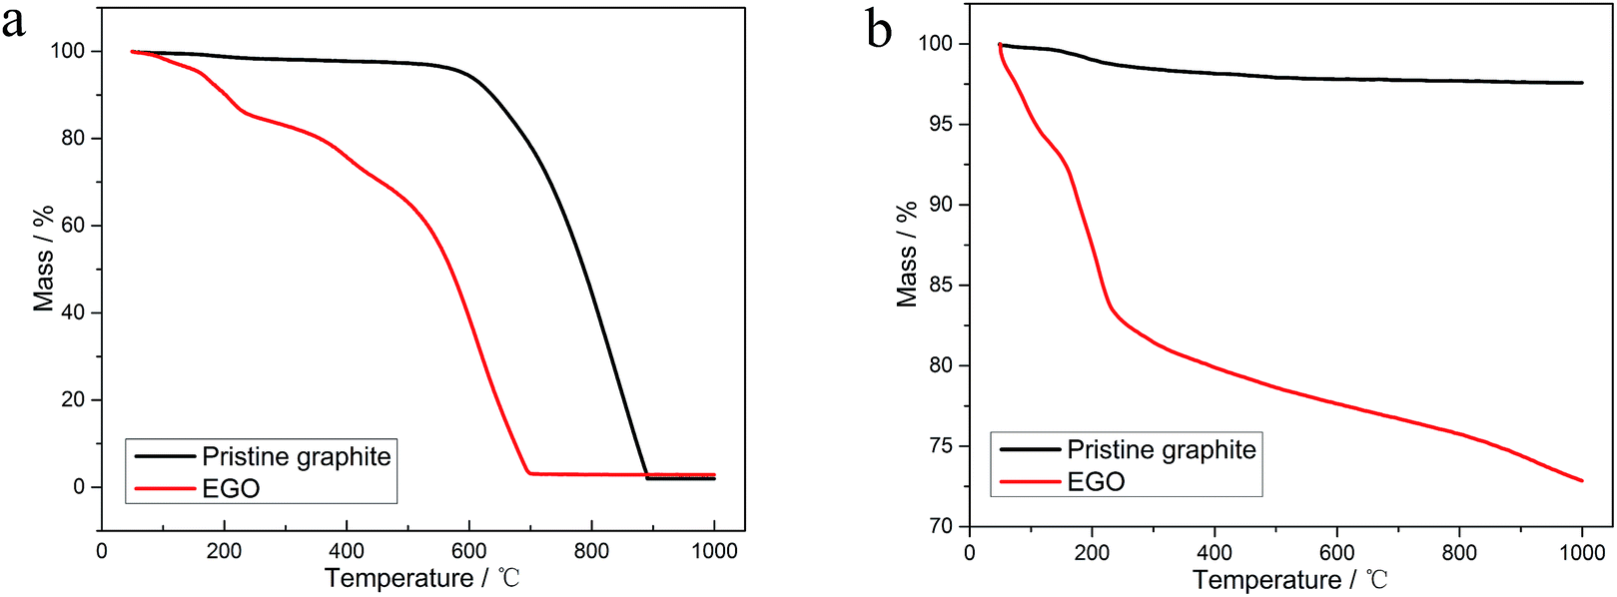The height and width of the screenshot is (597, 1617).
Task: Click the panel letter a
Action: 13,22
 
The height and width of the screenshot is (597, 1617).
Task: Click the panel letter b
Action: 879,30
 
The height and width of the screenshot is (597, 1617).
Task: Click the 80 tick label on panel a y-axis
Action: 73,138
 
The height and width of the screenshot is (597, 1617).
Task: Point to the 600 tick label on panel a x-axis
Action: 468,551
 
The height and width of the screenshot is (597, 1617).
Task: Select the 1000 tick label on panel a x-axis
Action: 714,551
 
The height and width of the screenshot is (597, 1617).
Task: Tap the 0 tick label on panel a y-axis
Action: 80,487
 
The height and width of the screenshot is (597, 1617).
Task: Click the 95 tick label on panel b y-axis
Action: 942,125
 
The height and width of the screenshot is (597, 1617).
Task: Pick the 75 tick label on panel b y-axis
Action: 942,446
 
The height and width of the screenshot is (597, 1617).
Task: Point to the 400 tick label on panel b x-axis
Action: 1214,553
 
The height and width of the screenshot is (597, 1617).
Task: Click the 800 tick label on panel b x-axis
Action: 1459,553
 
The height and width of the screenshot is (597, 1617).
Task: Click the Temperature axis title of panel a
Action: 421,578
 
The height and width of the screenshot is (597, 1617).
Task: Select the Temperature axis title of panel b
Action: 1289,580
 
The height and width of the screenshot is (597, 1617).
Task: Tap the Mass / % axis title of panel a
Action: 43,260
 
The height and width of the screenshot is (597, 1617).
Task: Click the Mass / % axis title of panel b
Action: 907,255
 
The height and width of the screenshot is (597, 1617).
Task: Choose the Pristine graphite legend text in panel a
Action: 297,456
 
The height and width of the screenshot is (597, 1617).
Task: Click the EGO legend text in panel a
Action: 231,488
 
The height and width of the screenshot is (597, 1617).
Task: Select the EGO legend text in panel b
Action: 1096,482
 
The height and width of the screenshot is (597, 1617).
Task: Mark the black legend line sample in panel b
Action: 1030,450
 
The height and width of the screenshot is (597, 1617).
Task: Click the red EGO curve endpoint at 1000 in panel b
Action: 1582,481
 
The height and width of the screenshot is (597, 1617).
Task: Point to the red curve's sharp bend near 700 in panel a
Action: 528,473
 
